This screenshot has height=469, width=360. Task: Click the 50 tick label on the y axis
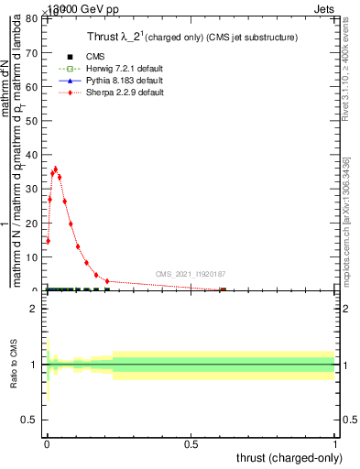point(33,120)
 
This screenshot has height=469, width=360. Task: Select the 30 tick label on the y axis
point(33,189)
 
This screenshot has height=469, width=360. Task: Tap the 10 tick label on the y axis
point(33,256)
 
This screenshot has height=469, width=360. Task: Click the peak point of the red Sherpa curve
point(56,169)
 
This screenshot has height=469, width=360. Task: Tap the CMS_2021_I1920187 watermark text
point(190,273)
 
